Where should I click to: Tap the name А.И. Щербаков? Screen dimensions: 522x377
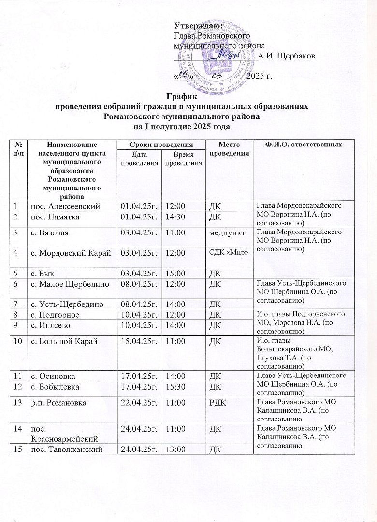(x=287, y=56)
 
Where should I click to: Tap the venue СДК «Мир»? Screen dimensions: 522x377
(x=228, y=252)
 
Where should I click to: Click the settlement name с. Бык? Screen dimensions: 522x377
(x=43, y=274)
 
